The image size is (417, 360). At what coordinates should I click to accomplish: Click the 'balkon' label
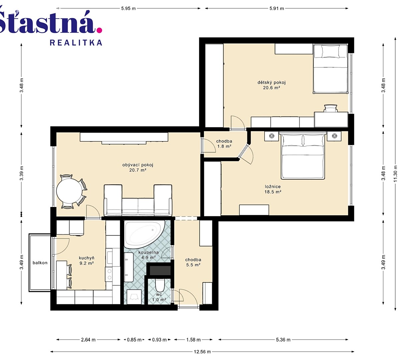click(x=40, y=263)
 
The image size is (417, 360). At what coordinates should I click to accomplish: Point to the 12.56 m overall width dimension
click(x=202, y=352)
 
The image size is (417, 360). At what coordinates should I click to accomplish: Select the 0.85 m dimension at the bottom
click(x=134, y=340)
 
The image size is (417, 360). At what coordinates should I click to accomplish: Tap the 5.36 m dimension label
click(x=283, y=340)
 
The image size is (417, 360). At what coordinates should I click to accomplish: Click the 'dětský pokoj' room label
click(x=272, y=82)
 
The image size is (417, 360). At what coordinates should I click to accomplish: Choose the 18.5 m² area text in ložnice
click(x=273, y=192)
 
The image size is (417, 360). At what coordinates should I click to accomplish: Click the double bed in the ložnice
click(x=303, y=155)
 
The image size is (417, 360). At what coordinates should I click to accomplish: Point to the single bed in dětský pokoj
click(x=330, y=69)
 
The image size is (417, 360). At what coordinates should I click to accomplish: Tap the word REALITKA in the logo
click(x=76, y=43)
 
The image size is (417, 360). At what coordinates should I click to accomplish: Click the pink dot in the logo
click(x=99, y=30)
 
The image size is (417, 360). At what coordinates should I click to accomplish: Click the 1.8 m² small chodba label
click(x=224, y=146)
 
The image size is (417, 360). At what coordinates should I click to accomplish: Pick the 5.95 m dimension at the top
click(x=128, y=8)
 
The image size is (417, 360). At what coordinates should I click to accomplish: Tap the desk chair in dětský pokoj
click(x=331, y=108)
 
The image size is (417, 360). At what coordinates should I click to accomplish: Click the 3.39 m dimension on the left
click(x=22, y=173)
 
